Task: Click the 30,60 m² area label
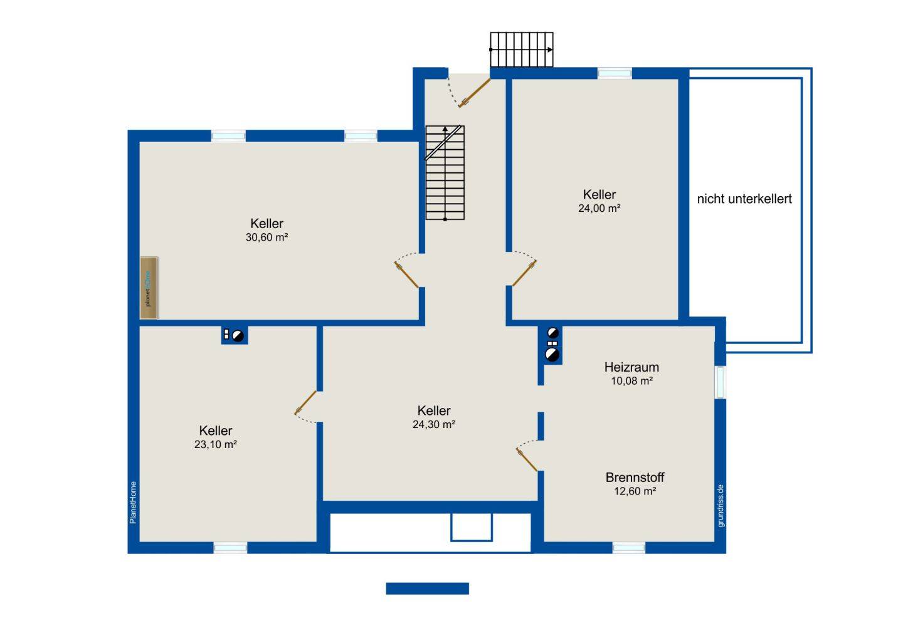coord(267,238)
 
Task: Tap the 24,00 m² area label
coord(599,208)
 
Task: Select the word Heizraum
coord(631,367)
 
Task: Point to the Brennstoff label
coord(635,478)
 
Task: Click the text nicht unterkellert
coord(744,199)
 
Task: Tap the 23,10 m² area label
coord(215,444)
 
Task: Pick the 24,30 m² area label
coord(434,424)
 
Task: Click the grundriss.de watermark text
coord(721,506)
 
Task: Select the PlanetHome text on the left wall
coord(133,503)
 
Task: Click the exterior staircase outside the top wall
coord(522,50)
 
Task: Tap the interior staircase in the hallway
coord(445,173)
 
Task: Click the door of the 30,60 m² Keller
coord(406,275)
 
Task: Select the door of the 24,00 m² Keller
coord(524,273)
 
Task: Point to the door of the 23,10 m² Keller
coord(305,402)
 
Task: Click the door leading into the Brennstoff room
coord(527,459)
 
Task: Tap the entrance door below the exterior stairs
coord(474,93)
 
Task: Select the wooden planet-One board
coord(149,288)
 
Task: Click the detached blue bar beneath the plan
coord(427,588)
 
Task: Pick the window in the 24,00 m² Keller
coord(615,73)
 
